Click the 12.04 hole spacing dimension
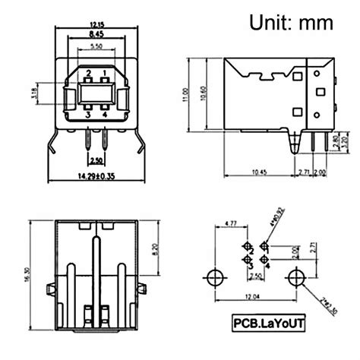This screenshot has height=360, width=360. point(251,296)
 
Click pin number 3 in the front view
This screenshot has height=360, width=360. point(88,115)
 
